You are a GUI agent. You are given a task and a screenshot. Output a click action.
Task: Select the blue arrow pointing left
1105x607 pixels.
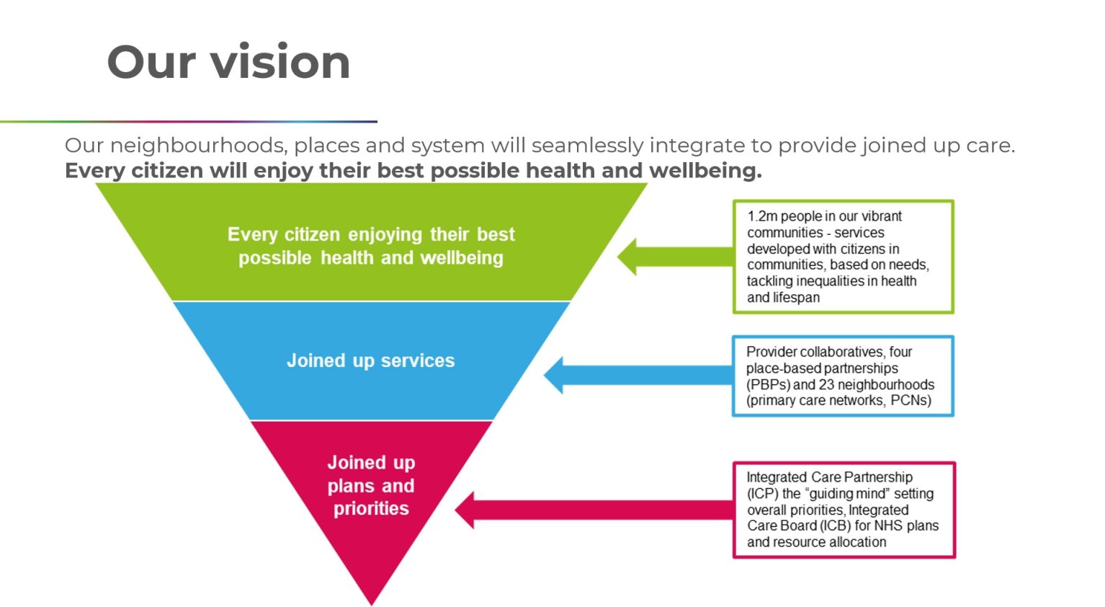(637, 376)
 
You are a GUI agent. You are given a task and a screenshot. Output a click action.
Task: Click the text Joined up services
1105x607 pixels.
(370, 360)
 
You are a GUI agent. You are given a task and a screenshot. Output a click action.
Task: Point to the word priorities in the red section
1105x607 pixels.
(371, 509)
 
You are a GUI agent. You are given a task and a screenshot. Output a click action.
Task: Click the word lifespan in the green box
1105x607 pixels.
(796, 298)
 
